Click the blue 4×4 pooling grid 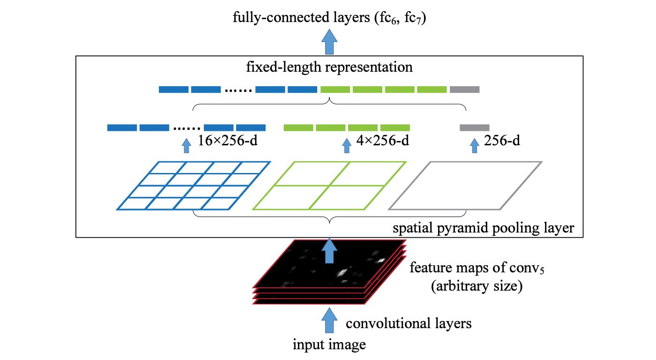click(x=194, y=185)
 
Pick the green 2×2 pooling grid click(x=329, y=185)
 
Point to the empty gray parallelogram click(x=465, y=185)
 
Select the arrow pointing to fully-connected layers click(x=331, y=42)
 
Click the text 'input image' click(x=329, y=346)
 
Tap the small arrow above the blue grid click(x=186, y=145)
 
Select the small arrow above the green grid click(x=347, y=145)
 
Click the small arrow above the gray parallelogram click(x=475, y=145)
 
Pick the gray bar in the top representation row click(x=464, y=89)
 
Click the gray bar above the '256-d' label click(x=475, y=127)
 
